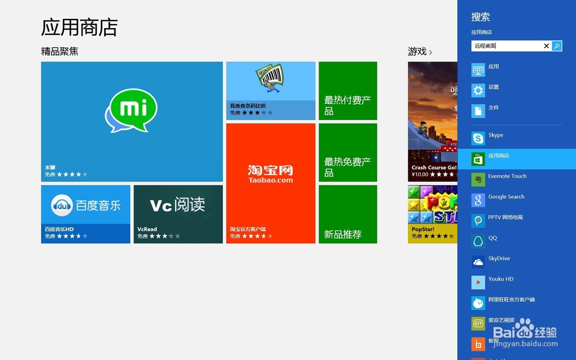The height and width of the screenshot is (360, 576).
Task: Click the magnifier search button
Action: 557,46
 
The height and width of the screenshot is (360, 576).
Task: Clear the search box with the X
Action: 547,46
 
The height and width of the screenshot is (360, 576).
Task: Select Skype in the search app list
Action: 495,135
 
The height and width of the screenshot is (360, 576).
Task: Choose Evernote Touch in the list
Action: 507,176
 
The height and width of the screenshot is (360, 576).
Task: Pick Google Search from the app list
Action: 506,197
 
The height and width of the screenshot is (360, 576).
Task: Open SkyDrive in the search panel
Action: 499,259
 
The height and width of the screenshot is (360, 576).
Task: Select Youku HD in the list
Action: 500,279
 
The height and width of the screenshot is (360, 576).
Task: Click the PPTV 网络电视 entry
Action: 505,218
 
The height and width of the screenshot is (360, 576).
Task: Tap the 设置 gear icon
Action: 478,90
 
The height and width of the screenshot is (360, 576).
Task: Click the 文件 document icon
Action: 478,111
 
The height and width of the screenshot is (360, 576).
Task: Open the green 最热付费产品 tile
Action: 348,91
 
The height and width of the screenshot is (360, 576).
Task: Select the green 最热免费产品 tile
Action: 348,153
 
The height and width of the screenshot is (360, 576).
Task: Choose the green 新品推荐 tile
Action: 348,214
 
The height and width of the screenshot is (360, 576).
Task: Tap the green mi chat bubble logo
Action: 131,111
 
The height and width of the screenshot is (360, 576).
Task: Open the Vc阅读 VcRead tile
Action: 178,214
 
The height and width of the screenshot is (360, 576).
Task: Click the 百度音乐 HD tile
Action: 86,214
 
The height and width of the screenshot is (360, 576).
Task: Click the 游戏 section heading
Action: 418,52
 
